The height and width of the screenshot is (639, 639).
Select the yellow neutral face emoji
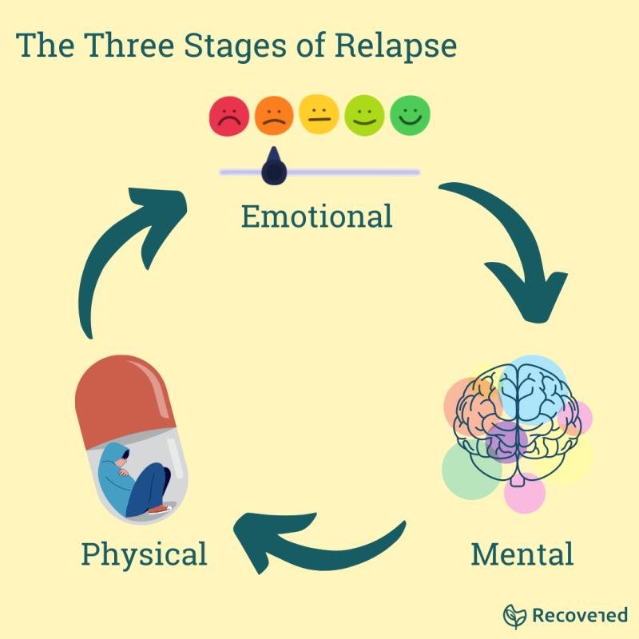(319, 117)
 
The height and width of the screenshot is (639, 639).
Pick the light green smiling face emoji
(364, 117)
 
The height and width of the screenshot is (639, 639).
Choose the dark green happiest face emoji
(410, 117)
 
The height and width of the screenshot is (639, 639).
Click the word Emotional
(316, 216)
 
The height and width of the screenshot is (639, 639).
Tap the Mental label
(522, 554)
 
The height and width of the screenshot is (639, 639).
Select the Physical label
(144, 554)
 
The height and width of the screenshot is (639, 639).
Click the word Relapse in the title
(395, 46)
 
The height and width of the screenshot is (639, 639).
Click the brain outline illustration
(518, 415)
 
